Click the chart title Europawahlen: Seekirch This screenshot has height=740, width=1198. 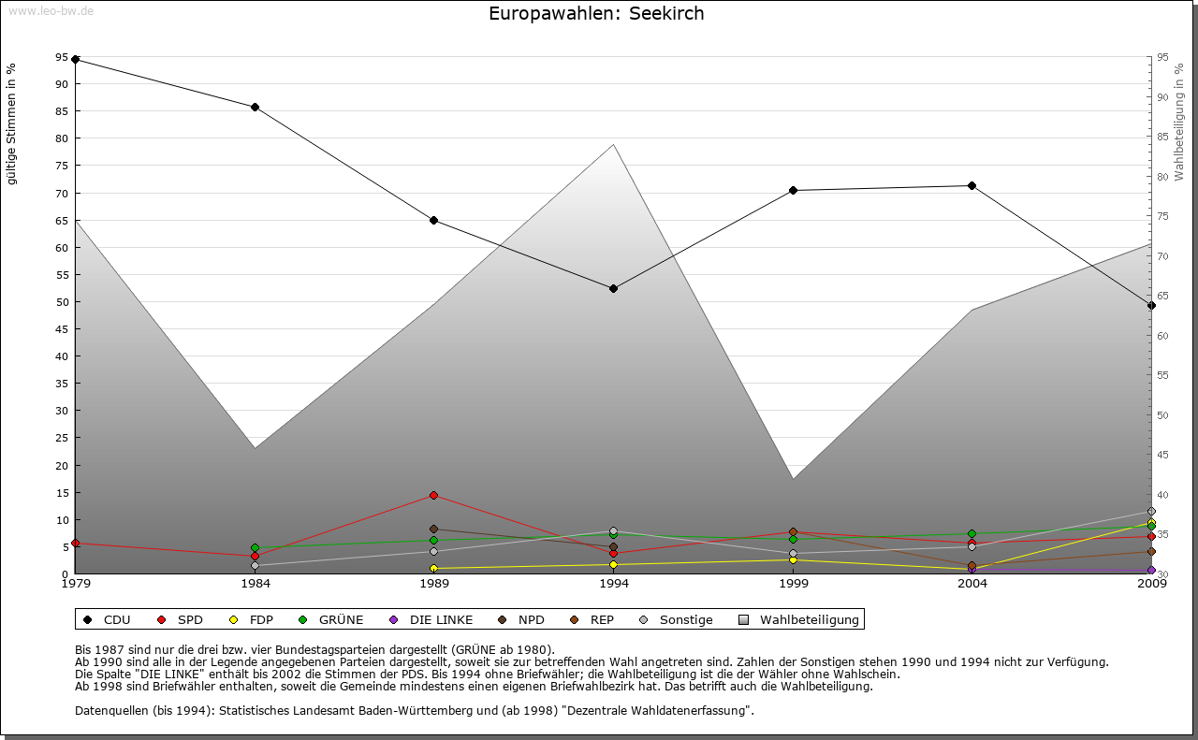596,14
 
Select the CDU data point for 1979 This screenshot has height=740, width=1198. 76,60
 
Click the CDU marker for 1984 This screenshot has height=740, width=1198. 255,107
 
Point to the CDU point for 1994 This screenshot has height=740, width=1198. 613,288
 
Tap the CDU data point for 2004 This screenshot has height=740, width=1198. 972,185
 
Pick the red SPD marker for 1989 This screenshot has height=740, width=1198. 434,495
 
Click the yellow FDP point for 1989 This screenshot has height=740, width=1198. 434,568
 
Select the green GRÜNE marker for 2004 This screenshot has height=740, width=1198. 972,533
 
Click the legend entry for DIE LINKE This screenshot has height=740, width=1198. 431,619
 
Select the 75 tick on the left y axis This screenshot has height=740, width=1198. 62,166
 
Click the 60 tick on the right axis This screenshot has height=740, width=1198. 1162,336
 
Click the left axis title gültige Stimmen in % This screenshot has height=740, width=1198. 11,123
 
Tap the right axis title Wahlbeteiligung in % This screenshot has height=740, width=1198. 1179,122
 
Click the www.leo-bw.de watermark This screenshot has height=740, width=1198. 51,10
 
